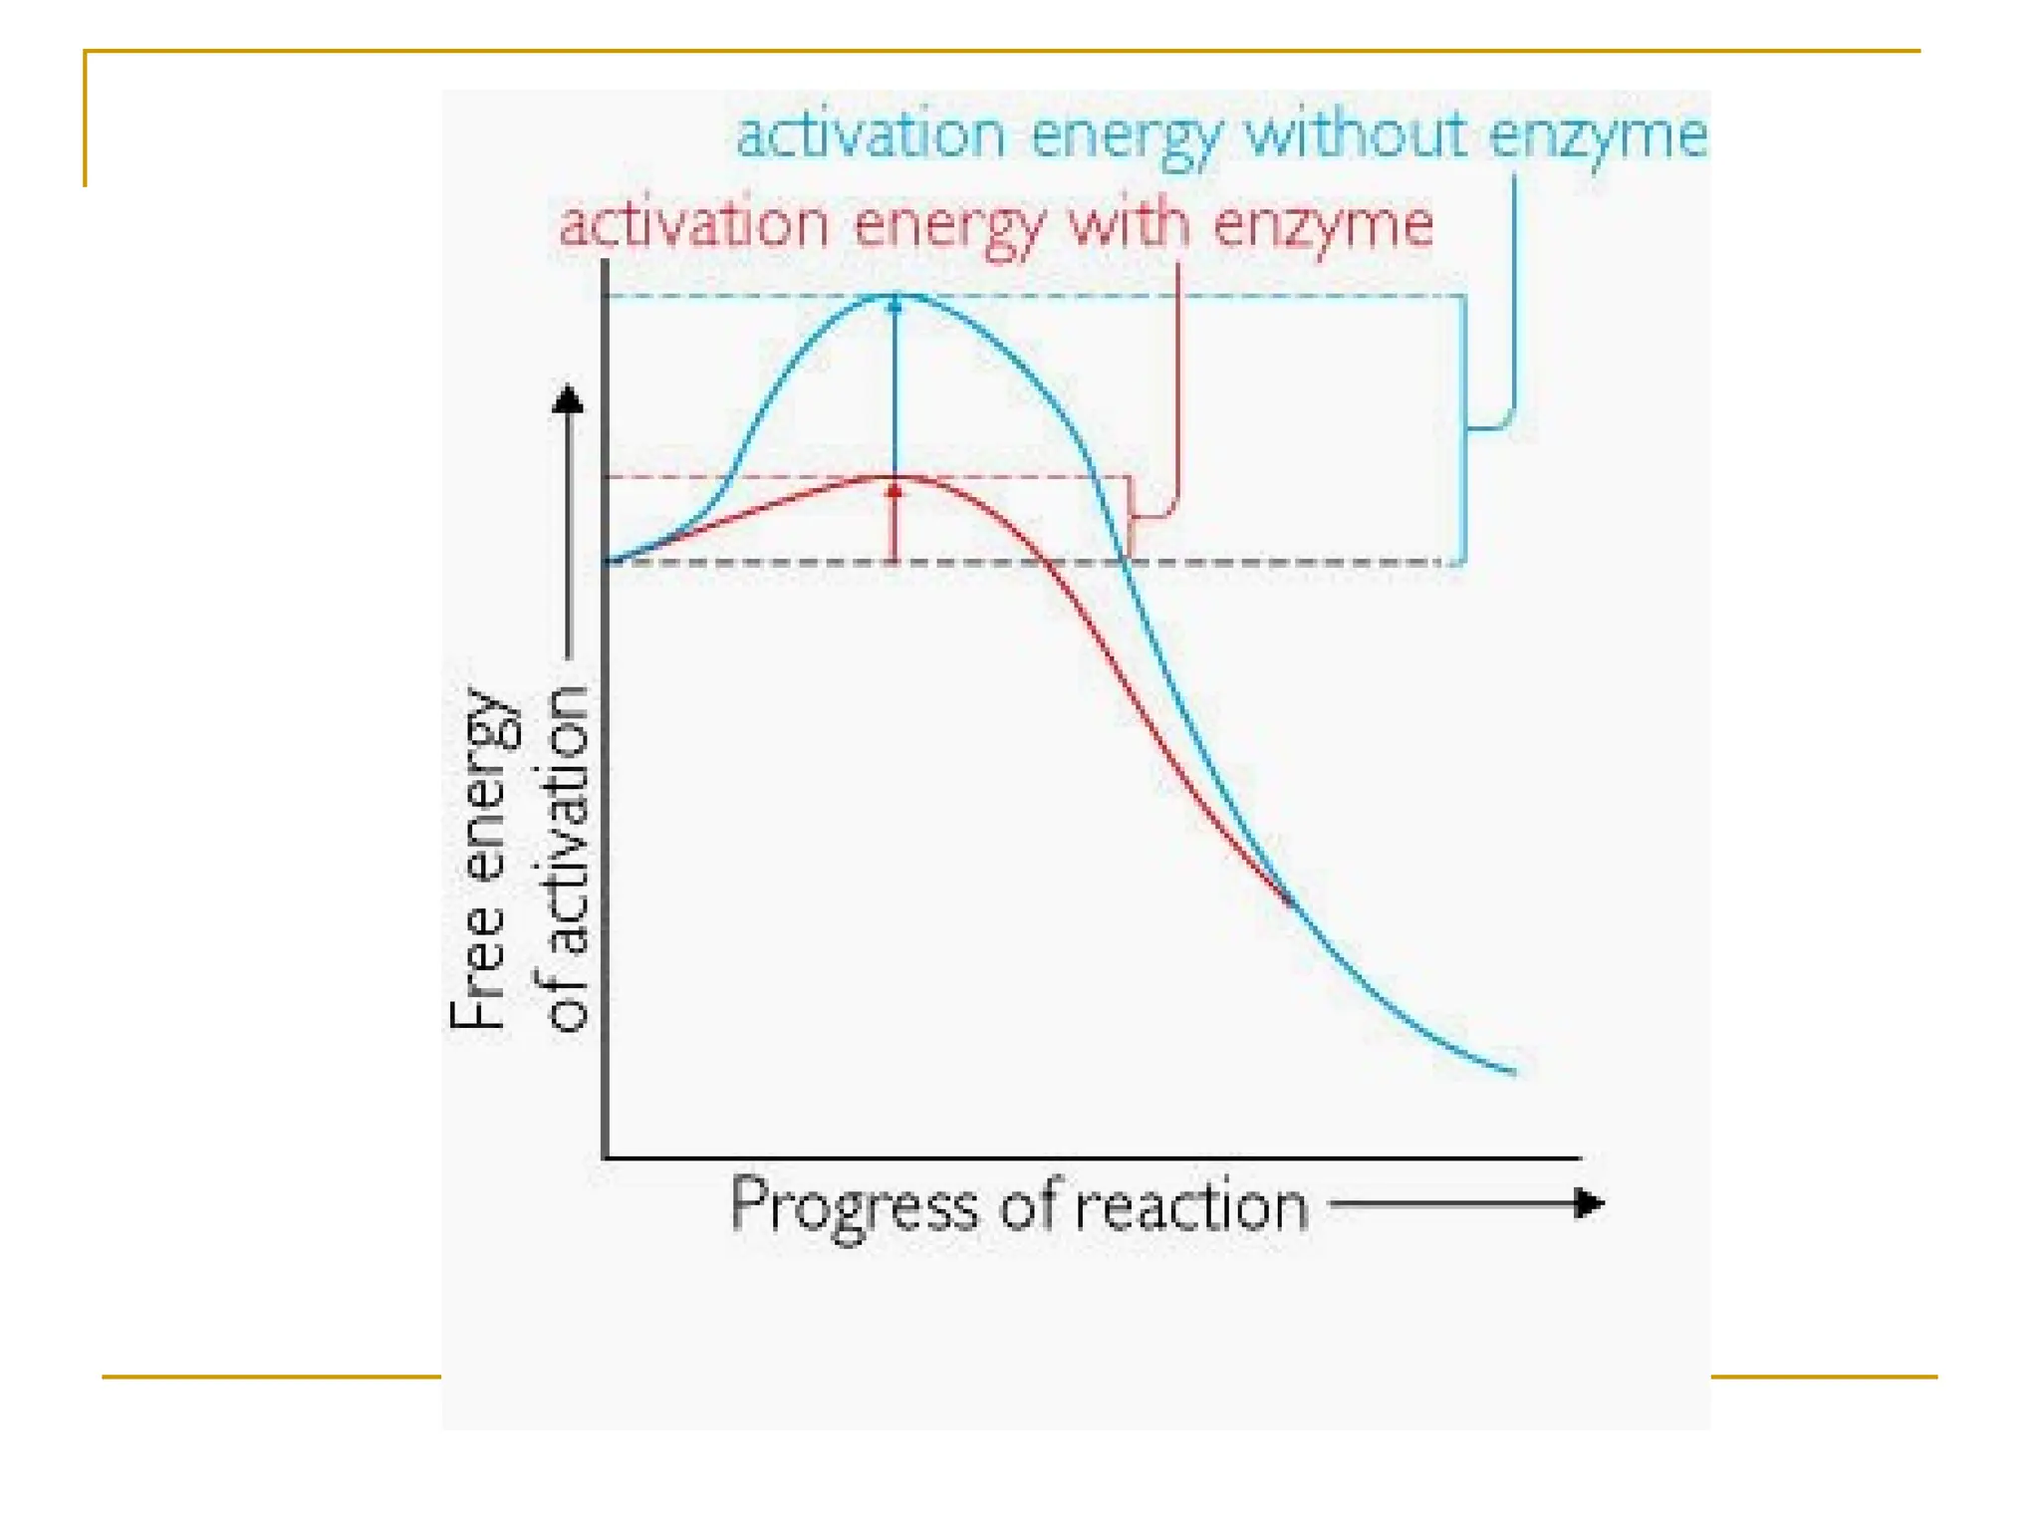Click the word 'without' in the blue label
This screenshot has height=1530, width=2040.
(x=1355, y=133)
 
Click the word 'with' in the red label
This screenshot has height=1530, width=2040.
(x=1129, y=222)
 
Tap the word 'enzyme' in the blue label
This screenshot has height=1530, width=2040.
(x=1598, y=135)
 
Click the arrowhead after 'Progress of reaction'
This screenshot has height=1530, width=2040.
(x=1590, y=1203)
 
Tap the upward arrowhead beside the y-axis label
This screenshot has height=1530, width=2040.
(x=568, y=399)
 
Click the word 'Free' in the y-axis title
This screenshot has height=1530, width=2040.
(x=477, y=970)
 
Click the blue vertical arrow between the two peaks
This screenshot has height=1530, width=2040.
(x=894, y=388)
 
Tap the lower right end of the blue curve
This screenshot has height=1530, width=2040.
(x=1511, y=1071)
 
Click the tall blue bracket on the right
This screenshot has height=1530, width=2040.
(x=1464, y=428)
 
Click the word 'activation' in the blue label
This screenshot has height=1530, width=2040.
(x=871, y=133)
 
